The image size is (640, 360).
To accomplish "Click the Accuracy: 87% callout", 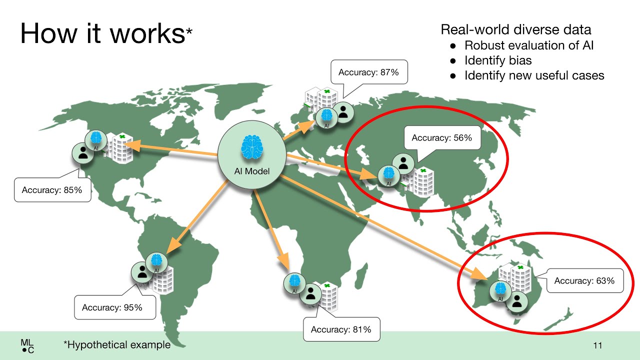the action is pyautogui.click(x=369, y=72).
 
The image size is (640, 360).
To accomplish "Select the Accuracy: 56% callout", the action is pyautogui.click(x=442, y=137).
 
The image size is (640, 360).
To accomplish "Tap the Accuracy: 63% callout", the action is pyautogui.click(x=584, y=280).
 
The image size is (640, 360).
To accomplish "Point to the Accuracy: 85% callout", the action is pyautogui.click(x=52, y=189).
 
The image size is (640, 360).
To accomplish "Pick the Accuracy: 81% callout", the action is pyautogui.click(x=341, y=329).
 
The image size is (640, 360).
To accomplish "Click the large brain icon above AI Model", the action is pyautogui.click(x=251, y=147).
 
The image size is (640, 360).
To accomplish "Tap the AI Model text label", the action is pyautogui.click(x=251, y=171).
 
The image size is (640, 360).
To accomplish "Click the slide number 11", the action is pyautogui.click(x=597, y=345).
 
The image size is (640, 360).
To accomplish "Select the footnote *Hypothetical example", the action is pyautogui.click(x=117, y=344).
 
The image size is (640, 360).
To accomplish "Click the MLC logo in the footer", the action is pyautogui.click(x=27, y=346).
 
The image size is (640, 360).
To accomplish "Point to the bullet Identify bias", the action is pyautogui.click(x=498, y=60).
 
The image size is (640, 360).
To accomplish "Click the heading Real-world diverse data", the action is pyautogui.click(x=515, y=29).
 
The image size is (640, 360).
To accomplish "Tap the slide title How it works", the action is pyautogui.click(x=106, y=33).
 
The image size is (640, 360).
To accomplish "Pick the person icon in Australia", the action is pyautogui.click(x=517, y=301).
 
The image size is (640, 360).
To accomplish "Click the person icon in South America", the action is pyautogui.click(x=142, y=272).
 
